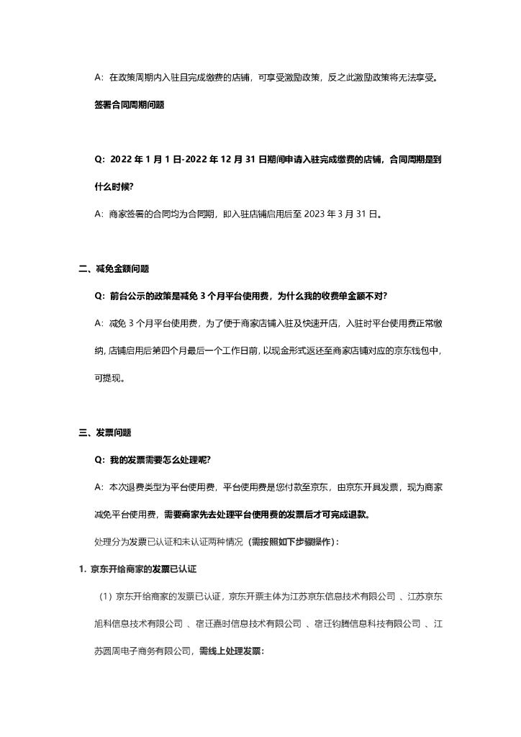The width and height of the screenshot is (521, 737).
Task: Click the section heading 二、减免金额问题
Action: pos(114,268)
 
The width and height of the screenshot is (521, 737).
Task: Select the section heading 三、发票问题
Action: pos(105,433)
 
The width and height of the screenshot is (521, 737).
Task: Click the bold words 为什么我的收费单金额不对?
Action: pos(327,296)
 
